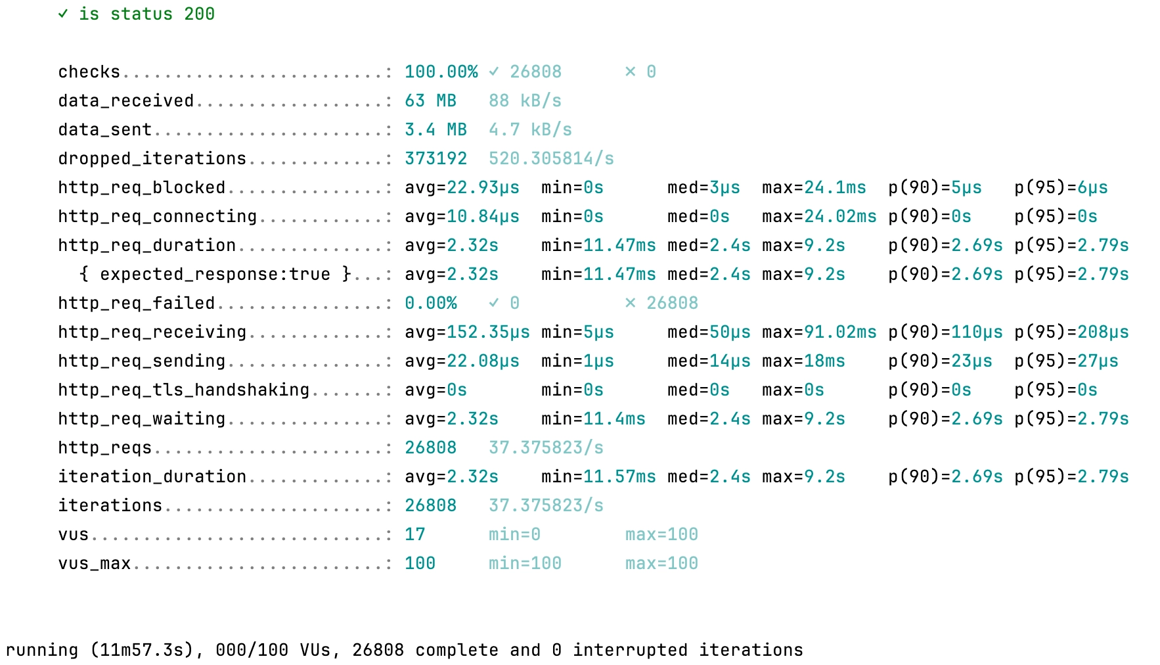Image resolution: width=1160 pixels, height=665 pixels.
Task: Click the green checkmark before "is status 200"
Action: click(63, 14)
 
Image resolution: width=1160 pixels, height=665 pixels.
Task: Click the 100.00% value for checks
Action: click(441, 72)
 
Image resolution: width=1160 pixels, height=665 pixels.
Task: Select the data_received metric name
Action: click(125, 101)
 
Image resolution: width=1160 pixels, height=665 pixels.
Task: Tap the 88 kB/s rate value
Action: click(525, 101)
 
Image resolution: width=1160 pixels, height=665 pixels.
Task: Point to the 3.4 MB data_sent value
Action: click(435, 129)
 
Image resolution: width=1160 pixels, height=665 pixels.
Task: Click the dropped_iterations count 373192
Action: click(435, 158)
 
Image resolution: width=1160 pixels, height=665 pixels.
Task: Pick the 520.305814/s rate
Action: click(551, 158)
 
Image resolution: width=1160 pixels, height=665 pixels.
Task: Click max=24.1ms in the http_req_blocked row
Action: click(814, 187)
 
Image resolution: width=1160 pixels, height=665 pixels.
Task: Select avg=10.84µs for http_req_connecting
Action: click(462, 216)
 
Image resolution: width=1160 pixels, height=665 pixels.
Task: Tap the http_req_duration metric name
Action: click(146, 245)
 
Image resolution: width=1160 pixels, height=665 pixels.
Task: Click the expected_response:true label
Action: click(215, 274)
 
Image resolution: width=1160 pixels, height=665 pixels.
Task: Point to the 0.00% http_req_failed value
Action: click(430, 303)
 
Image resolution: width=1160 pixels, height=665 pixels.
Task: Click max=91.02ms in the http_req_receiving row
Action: click(819, 332)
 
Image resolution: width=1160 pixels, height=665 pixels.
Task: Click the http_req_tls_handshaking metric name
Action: click(183, 390)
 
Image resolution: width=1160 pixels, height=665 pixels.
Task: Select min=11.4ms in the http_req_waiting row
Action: click(593, 419)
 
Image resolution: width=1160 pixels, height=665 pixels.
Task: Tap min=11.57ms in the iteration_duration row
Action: click(598, 476)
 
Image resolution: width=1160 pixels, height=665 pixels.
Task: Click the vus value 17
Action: click(414, 534)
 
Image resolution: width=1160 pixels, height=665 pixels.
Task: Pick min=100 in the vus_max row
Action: click(525, 563)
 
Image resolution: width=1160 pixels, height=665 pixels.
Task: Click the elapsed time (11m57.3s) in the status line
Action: click(141, 650)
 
